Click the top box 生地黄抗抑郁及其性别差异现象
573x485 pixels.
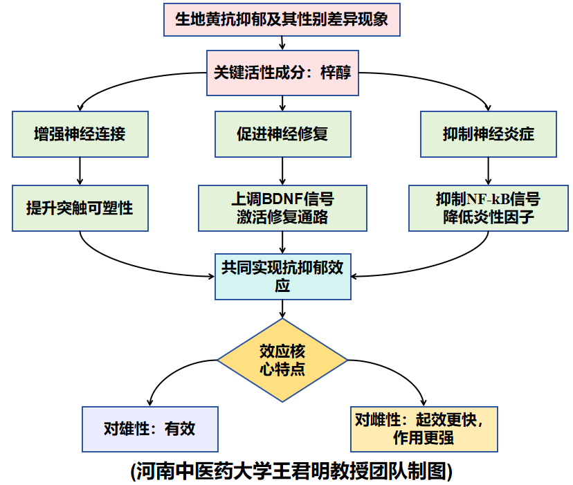[x=282, y=19]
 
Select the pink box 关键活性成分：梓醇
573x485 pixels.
[x=282, y=73]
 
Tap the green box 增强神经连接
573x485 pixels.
[x=80, y=134]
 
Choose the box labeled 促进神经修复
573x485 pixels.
[x=282, y=134]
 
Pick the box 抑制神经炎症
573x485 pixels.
[x=489, y=134]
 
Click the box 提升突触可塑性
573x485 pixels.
[x=80, y=207]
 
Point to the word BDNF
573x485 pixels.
[x=282, y=199]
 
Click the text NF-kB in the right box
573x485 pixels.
[x=488, y=199]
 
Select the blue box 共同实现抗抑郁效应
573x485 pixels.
[x=282, y=276]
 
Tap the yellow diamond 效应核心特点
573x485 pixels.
[x=282, y=360]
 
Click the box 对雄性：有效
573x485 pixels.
[x=149, y=428]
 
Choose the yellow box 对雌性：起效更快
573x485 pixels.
[x=424, y=428]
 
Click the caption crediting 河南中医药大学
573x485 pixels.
[x=291, y=471]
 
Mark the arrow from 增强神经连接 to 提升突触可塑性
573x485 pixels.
[x=80, y=170]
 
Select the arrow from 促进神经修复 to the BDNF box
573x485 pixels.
[x=282, y=170]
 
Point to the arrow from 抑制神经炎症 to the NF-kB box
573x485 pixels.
[x=489, y=170]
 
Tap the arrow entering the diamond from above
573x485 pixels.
[x=282, y=309]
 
